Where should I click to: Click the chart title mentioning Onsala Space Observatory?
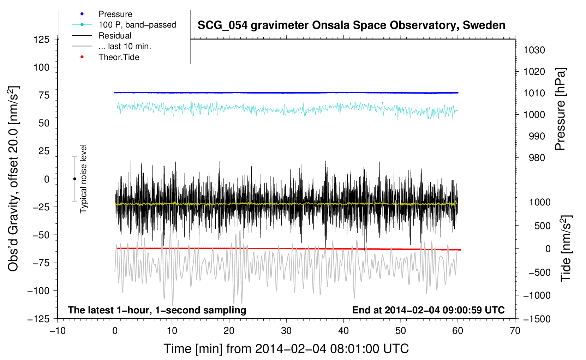(x=351, y=25)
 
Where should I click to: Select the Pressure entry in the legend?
(x=115, y=14)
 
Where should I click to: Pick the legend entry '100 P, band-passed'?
(x=137, y=25)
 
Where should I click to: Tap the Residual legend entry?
(x=115, y=36)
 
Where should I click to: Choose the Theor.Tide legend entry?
(x=119, y=57)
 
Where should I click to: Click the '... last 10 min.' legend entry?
(x=125, y=46)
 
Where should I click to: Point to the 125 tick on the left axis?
(x=42, y=39)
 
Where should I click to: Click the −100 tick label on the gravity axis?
(x=38, y=291)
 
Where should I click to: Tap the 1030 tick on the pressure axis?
(x=534, y=50)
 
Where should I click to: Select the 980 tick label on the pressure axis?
(x=537, y=158)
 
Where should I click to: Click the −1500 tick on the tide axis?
(x=537, y=319)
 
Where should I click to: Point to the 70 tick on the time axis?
(x=515, y=331)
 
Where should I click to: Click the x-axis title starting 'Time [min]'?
(x=286, y=349)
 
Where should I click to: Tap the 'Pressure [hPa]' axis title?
(x=560, y=109)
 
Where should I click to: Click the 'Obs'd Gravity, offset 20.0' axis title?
(x=13, y=179)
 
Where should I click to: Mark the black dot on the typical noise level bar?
(x=74, y=179)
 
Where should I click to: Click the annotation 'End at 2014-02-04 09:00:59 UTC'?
(x=428, y=310)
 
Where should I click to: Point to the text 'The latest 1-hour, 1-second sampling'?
(x=157, y=310)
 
